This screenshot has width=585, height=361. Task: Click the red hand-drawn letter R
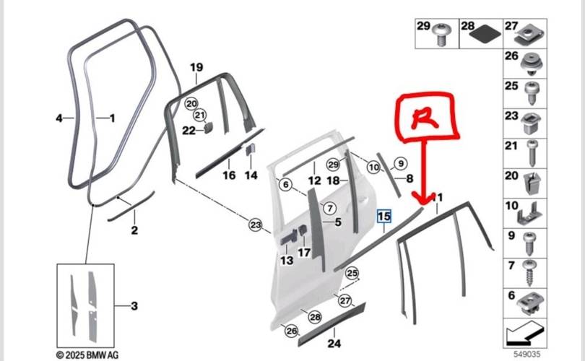point(424,118)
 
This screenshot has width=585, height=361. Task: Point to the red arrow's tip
point(422,204)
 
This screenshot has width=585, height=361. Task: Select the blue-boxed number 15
point(384,217)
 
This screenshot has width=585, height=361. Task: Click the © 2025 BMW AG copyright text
point(87,355)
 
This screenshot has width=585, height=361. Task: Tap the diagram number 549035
point(526,354)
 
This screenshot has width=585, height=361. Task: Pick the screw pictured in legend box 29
point(441,35)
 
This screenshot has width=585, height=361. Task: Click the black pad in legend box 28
point(485,36)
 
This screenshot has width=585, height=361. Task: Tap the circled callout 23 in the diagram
point(256,225)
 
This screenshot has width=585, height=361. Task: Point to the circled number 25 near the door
point(352,274)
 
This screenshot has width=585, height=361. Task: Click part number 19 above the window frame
point(196,67)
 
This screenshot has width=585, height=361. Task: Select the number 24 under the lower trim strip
point(334,343)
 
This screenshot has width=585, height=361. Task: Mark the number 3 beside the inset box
point(134,306)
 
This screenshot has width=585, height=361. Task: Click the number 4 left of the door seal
point(59,118)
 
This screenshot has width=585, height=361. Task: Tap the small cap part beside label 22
point(208,128)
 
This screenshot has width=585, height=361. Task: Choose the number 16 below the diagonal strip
point(229,175)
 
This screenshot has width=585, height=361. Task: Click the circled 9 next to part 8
point(400,163)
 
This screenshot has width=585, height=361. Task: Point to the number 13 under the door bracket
point(287,261)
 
